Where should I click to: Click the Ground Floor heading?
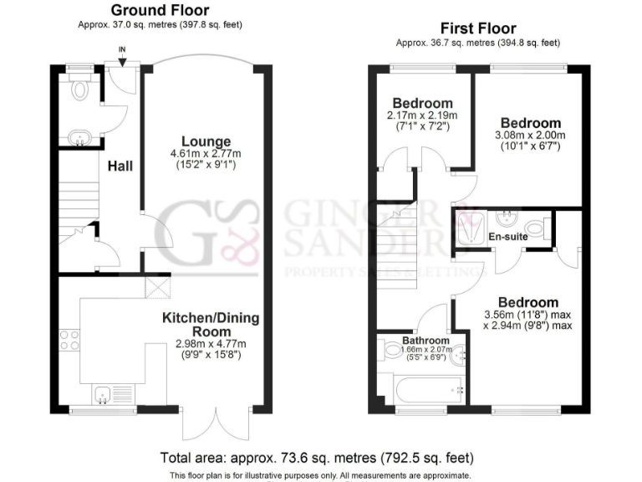tap(160, 11)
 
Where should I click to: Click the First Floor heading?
tap(478, 28)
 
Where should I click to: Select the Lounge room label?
tap(206, 141)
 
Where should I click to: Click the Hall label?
tap(120, 166)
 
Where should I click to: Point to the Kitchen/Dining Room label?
tap(211, 325)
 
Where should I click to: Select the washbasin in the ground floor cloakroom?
tap(81, 136)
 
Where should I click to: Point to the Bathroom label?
tap(426, 341)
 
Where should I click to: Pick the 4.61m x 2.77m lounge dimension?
tap(206, 153)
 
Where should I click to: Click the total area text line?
tap(317, 458)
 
